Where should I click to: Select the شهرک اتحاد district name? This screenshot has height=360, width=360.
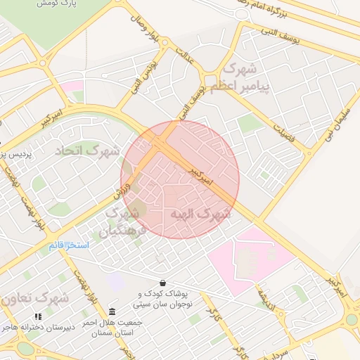88,150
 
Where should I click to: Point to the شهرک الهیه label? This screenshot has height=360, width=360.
200,214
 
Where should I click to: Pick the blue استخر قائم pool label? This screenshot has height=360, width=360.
69,245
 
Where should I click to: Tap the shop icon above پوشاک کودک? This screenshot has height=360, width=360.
163,283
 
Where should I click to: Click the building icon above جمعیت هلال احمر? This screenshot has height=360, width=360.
112,311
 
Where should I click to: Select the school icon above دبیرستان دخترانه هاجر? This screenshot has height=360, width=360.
38,317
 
